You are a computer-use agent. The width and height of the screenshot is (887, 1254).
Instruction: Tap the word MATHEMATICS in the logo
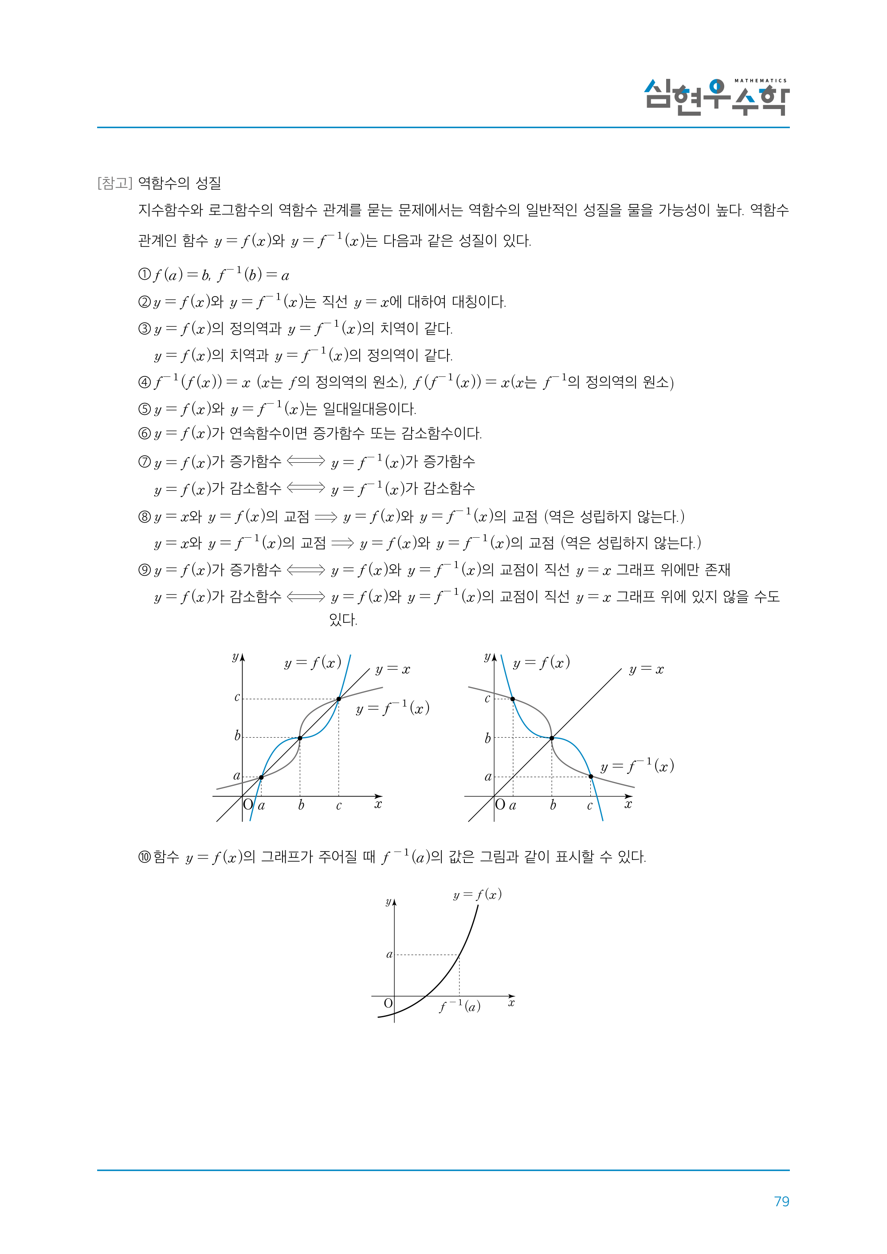[x=760, y=80]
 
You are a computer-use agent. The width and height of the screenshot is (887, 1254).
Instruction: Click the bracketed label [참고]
[x=115, y=183]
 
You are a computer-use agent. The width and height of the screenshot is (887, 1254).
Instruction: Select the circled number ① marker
[x=144, y=275]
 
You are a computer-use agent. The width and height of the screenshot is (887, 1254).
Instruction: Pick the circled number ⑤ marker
[x=144, y=409]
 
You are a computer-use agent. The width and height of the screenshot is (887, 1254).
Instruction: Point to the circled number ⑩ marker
[x=144, y=856]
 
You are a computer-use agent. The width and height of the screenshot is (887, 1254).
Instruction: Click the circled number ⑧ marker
[x=144, y=516]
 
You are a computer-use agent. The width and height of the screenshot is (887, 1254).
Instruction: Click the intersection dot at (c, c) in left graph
[x=339, y=699]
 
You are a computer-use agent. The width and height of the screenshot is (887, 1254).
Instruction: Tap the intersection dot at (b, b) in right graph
[x=551, y=738]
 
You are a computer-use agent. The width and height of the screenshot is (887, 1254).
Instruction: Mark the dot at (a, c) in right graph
[x=513, y=699]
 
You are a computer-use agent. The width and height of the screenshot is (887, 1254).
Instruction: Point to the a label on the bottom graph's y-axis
[x=389, y=955]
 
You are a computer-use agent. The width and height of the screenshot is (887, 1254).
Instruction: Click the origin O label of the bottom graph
[x=388, y=1003]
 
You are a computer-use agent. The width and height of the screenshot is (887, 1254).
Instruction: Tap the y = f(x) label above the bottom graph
[x=477, y=895]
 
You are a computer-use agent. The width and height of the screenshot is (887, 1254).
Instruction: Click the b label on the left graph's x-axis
[x=301, y=805]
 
